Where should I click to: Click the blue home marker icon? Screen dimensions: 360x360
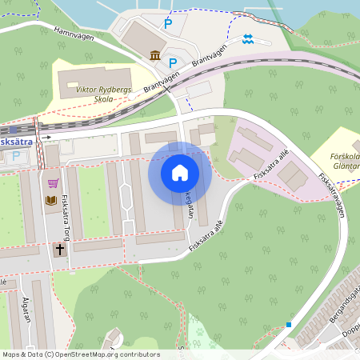[x=180, y=173]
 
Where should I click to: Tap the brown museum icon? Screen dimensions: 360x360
[x=154, y=54]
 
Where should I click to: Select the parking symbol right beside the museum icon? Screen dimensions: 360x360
[x=172, y=62]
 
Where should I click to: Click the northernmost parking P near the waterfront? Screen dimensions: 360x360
[x=168, y=24]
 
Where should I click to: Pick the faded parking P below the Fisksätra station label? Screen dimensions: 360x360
[x=15, y=156]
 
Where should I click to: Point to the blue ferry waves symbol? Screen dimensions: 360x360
[x=248, y=38]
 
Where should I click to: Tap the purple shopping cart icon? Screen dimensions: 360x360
[x=53, y=183]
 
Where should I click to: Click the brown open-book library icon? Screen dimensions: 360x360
[x=52, y=200]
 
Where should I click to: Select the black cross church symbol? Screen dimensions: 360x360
[x=60, y=250]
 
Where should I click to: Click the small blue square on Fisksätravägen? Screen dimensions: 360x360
[x=288, y=324]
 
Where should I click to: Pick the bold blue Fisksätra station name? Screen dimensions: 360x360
[x=16, y=142]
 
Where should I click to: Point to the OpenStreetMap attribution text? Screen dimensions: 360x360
[x=80, y=354]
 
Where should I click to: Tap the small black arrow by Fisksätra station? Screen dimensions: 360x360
[x=47, y=138]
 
